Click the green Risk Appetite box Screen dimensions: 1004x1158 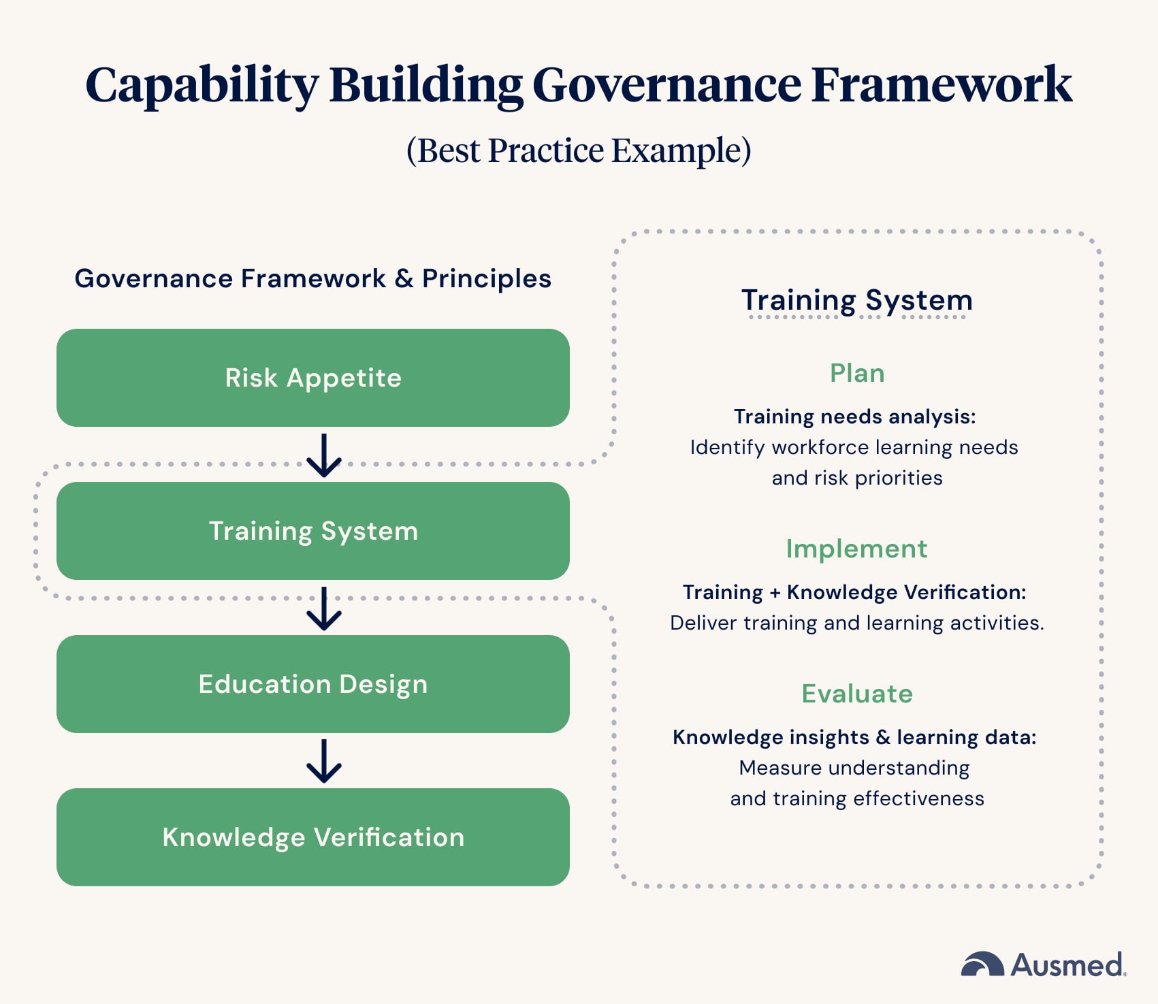(312, 378)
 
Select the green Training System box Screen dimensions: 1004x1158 (312, 531)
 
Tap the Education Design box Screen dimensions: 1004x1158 (312, 684)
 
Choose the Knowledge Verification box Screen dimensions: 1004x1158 (312, 837)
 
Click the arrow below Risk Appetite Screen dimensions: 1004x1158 (324, 455)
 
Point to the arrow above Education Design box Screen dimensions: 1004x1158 (324, 608)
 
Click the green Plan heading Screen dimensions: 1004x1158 (856, 373)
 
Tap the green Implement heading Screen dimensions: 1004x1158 (856, 549)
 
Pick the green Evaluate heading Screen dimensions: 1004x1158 (856, 694)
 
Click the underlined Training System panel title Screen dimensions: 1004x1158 (856, 300)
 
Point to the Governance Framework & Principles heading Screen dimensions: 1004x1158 (312, 278)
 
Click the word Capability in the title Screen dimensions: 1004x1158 (202, 85)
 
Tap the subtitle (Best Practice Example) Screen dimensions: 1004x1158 (579, 150)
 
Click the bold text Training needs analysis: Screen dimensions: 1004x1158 (854, 417)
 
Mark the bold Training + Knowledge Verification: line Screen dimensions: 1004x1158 (854, 592)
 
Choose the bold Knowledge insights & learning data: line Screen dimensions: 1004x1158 (854, 737)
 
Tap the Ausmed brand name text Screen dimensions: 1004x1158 (1067, 965)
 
